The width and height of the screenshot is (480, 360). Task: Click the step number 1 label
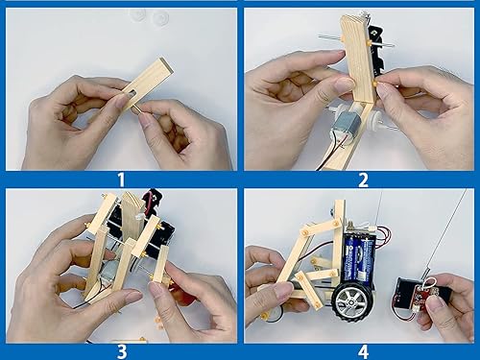(120, 178)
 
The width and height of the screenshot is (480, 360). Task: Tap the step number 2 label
(362, 178)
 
